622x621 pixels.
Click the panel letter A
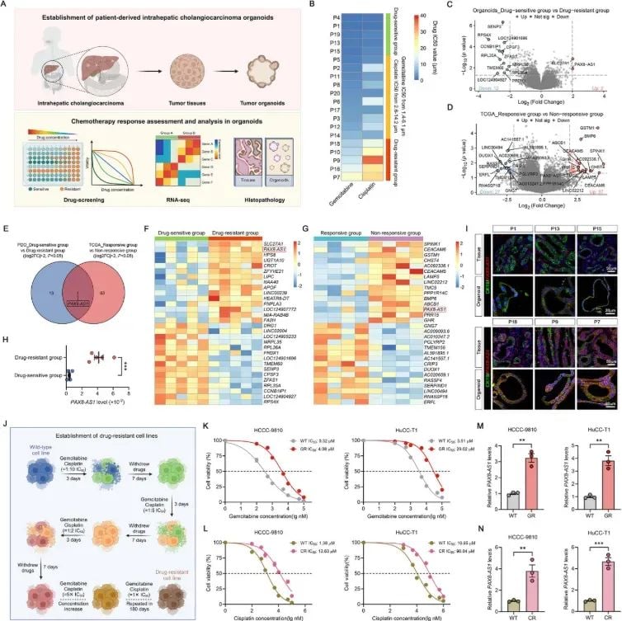click(x=7, y=6)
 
